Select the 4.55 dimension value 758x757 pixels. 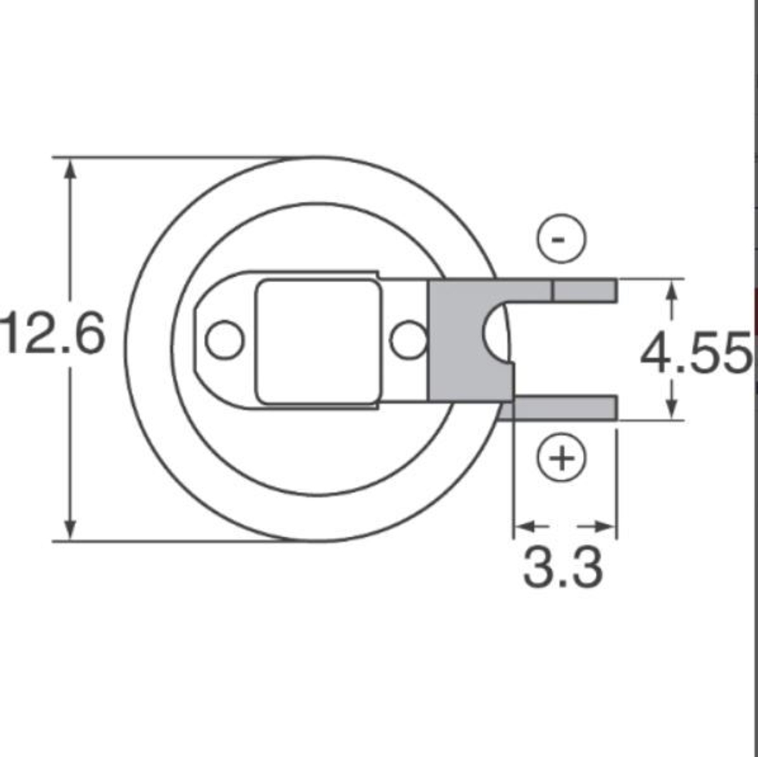coord(696,354)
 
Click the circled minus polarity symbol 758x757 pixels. coord(561,239)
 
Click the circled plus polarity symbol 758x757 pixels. coord(561,459)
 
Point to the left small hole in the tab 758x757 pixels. coord(224,340)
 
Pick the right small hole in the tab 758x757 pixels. coord(408,340)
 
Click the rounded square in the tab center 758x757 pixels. coord(317,341)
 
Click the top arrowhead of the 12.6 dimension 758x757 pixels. coord(70,169)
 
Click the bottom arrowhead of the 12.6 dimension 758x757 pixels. coord(70,529)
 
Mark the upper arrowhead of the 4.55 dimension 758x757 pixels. coord(671,290)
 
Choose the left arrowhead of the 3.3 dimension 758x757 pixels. coord(525,526)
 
